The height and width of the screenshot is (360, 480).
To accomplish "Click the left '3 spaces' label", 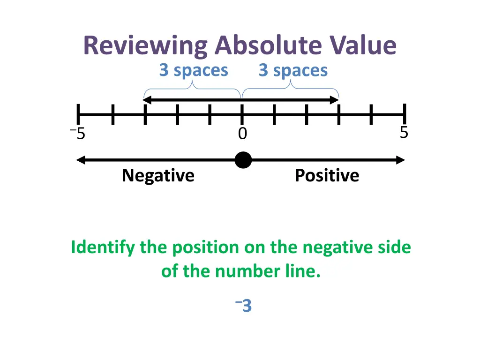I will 194,70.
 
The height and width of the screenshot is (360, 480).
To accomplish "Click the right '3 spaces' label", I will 293,70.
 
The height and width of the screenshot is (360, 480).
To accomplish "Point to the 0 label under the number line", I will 242,134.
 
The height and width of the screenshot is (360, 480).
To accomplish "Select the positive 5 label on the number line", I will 404,133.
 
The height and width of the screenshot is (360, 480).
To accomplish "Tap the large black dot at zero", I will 243,160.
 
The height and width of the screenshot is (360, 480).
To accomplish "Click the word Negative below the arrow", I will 158,176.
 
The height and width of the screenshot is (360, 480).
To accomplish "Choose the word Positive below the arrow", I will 327,176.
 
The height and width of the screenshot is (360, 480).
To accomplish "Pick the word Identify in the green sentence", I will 103,247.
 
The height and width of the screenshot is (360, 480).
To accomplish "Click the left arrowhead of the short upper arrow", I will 147,100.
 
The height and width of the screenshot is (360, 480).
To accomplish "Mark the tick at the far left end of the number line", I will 79,115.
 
